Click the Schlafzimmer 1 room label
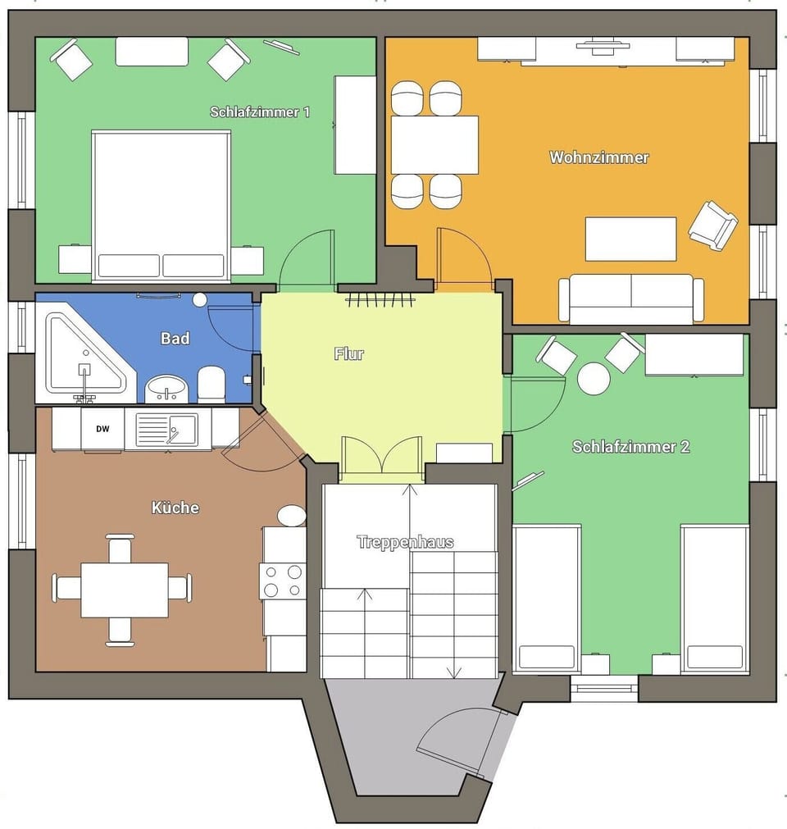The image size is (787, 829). coord(260,112)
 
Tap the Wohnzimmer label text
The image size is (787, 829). coord(599,157)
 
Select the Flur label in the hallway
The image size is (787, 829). coord(348,354)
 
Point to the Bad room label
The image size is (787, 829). coord(175,338)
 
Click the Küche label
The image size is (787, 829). coord(175,508)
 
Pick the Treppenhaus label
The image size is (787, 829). coord(405,542)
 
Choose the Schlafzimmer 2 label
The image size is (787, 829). coord(630,447)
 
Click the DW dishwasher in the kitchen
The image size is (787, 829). coord(102,429)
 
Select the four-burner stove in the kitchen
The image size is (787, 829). coord(282,581)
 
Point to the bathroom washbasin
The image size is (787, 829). coord(166,389)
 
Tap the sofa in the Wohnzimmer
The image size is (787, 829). coord(630,298)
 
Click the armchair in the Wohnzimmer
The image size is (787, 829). coord(712,225)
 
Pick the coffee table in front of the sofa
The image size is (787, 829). coord(630,239)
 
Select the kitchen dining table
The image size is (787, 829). coord(124,590)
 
